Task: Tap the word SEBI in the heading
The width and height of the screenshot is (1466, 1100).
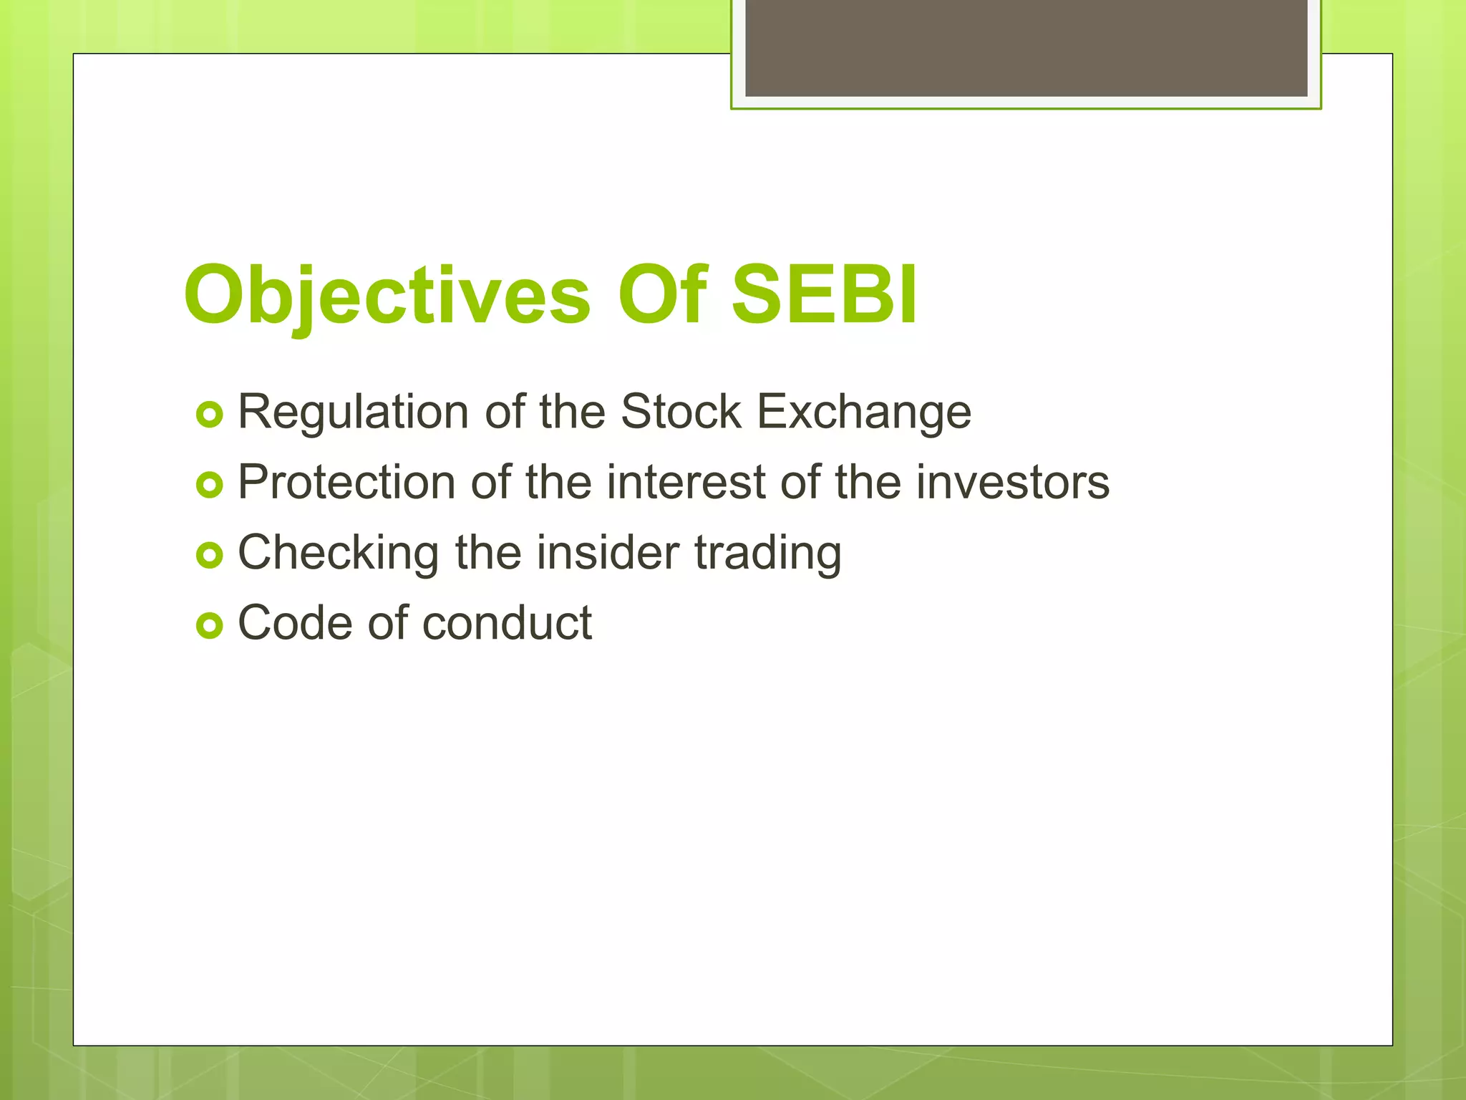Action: tap(824, 294)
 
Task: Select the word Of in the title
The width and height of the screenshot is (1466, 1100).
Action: tap(662, 294)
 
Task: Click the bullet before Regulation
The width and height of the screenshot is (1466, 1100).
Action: tap(209, 415)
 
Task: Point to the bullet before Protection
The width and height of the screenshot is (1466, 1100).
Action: tap(209, 486)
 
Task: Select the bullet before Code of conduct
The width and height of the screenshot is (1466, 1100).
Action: tap(209, 626)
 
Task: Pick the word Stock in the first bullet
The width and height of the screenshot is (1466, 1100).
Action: tap(681, 412)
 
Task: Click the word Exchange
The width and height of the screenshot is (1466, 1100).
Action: tap(864, 413)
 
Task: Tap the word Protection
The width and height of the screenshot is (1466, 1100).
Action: tap(346, 482)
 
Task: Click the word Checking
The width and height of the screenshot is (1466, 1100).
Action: tap(338, 554)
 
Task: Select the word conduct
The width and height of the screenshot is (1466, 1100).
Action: tap(506, 622)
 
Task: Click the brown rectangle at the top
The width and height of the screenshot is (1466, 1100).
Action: tap(1026, 47)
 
